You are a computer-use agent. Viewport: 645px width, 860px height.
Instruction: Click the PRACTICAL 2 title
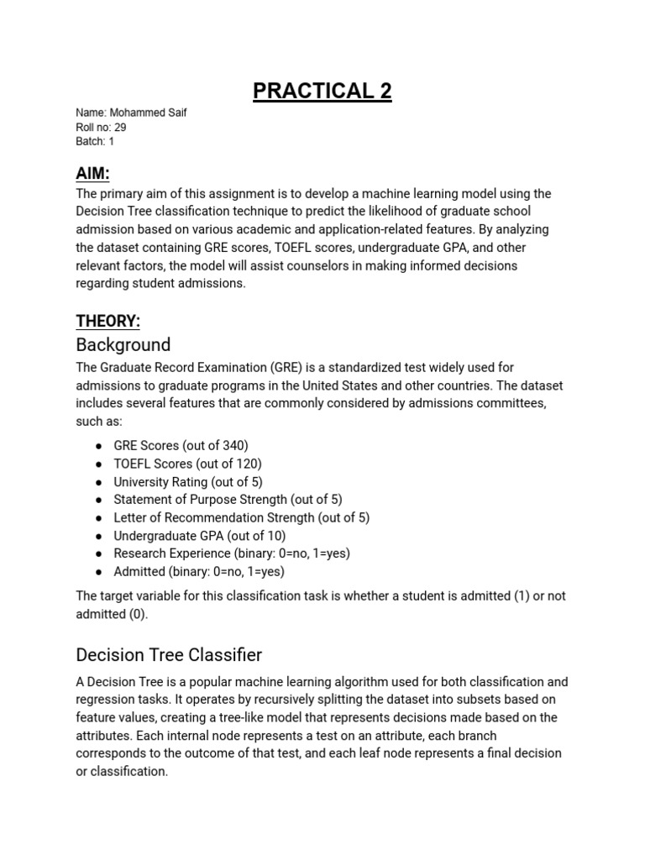point(322,91)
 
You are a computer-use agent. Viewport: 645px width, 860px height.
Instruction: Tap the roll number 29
point(120,127)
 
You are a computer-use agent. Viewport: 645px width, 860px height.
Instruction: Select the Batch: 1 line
point(95,141)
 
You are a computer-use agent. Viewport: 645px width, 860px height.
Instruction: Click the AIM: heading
point(93,173)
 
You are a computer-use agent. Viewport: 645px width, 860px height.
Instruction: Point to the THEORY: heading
point(108,320)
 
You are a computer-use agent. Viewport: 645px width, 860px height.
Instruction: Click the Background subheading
point(123,344)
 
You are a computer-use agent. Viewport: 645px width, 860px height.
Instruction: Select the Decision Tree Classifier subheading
point(169,654)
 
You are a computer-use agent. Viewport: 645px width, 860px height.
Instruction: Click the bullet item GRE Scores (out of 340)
point(181,445)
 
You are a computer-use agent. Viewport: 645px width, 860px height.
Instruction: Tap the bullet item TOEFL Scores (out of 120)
point(187,464)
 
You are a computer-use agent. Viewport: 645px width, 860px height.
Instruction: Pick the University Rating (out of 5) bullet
point(188,482)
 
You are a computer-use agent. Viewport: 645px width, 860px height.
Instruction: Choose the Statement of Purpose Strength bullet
point(228,500)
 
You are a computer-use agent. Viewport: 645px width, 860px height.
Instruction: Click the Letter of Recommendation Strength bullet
point(241,517)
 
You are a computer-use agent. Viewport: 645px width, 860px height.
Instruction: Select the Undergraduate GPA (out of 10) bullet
point(200,536)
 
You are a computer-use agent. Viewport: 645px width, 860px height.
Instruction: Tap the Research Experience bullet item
point(232,553)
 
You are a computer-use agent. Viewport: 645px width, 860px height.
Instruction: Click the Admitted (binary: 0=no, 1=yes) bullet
point(199,572)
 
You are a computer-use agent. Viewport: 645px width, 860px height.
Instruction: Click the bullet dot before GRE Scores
point(98,446)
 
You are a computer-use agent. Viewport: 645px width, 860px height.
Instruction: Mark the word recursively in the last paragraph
point(281,700)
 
